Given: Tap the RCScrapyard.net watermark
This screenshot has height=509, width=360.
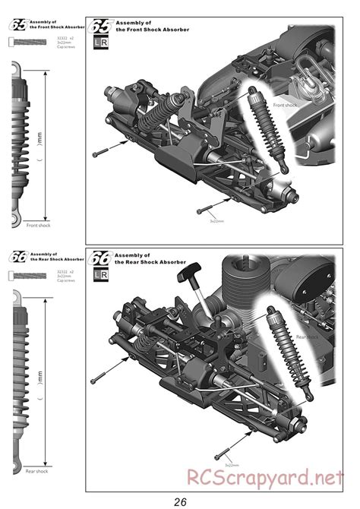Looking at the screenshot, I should pos(270,477).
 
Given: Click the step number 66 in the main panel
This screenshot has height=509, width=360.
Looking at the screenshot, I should pos(100,258).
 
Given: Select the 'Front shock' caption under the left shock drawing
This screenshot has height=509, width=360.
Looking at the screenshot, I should pos(38,225).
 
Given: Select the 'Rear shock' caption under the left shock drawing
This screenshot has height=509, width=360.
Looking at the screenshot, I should pos(36,471).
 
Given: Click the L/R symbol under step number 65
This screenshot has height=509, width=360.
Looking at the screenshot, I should pos(99,45).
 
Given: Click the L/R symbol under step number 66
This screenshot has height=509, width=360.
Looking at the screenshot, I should pos(99,277).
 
